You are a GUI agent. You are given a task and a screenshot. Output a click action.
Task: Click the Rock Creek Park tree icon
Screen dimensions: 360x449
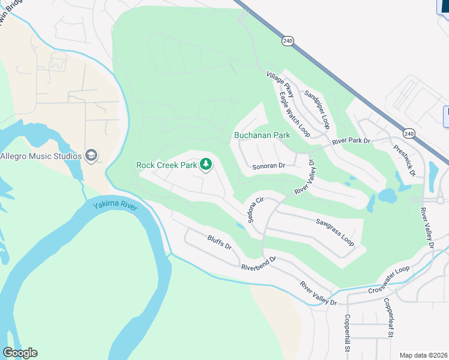tap(205, 164)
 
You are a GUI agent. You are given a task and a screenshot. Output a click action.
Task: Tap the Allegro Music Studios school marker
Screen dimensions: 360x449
tap(91, 156)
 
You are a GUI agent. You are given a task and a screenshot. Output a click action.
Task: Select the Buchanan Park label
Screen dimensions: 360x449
tap(262, 135)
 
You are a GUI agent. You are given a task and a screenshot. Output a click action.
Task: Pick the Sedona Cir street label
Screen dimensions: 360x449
tap(253, 207)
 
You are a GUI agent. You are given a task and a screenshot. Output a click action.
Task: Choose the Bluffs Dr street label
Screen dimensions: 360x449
tap(219, 242)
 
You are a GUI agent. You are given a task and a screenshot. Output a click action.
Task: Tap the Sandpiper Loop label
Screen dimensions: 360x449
tap(317, 109)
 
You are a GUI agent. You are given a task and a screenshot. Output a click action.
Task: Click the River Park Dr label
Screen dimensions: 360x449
tap(352, 142)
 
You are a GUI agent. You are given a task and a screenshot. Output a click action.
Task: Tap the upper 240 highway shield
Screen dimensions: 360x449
tap(288, 41)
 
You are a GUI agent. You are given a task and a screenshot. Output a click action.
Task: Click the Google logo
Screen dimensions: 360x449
tap(20, 353)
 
